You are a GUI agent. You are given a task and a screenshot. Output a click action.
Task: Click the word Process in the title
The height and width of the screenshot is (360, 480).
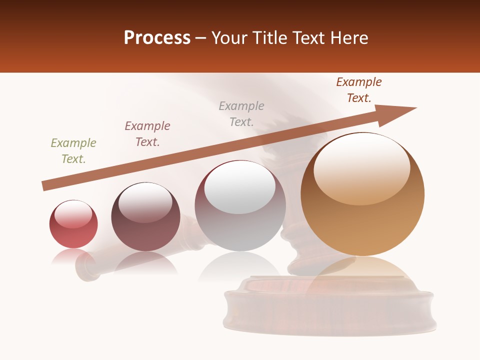coord(157,38)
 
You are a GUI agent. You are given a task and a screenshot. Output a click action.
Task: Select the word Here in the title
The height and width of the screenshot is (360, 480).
coord(349,38)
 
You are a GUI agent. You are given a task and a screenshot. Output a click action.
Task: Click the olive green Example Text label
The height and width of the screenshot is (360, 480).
coord(73,151)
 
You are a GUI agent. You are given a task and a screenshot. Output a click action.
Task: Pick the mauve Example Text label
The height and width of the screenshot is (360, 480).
coord(147,134)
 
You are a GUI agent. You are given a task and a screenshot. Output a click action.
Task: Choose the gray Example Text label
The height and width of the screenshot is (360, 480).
coord(241,114)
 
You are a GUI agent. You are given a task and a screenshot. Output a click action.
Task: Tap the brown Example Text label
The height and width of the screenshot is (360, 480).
coord(359,90)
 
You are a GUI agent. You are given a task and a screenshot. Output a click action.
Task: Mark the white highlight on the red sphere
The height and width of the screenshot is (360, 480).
coord(73,214)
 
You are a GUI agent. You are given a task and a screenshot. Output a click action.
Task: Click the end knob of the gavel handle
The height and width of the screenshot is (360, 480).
coord(86,266)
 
